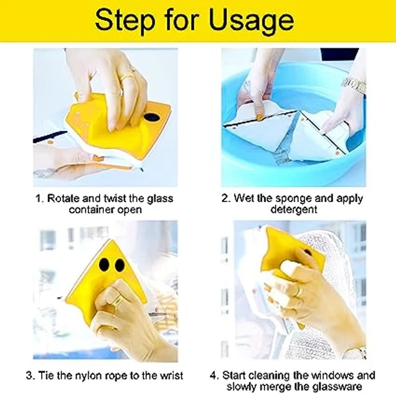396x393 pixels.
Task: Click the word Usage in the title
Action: (252, 21)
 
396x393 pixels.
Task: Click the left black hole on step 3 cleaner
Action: (104, 264)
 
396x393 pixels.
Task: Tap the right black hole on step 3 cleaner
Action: (120, 265)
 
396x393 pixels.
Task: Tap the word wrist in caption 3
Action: (170, 375)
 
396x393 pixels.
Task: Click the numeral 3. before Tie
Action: (31, 376)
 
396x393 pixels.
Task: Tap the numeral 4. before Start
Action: (214, 376)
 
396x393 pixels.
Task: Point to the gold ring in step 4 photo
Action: (299, 292)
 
